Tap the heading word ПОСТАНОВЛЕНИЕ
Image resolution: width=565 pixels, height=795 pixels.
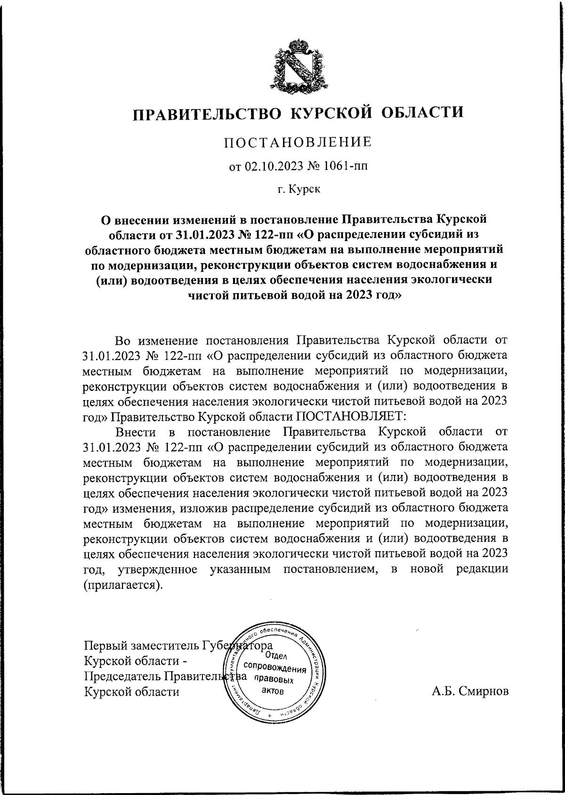pos(297,142)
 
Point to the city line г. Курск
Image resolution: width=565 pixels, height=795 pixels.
pos(299,190)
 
